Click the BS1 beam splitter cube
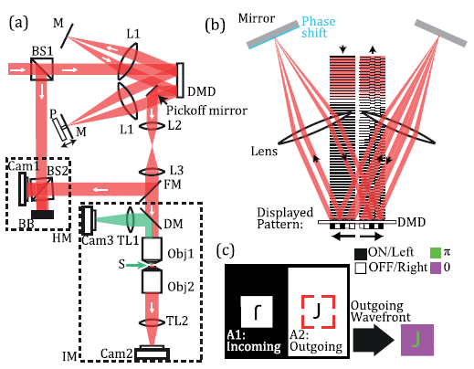[42, 69]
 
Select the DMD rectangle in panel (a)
[180, 80]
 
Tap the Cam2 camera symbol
[152, 353]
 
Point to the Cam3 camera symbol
[89, 219]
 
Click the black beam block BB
[42, 215]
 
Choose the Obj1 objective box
[152, 248]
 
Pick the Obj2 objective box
[152, 281]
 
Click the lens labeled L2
[152, 125]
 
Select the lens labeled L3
[152, 172]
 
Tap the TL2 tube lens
[152, 322]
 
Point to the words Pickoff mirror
[206, 111]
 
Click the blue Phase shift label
[318, 26]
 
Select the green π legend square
[436, 253]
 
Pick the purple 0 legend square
[436, 268]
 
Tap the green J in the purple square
[416, 340]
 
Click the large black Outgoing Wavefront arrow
[374, 340]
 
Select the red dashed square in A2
[318, 311]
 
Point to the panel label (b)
[215, 25]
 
